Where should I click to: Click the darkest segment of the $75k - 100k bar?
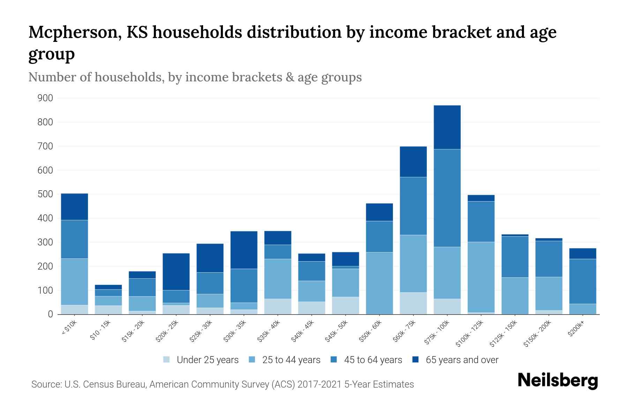[x=447, y=127]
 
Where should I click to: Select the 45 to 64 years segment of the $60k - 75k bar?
[x=413, y=206]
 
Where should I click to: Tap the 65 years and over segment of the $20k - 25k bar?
[x=176, y=272]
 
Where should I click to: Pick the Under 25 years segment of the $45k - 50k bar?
[x=345, y=306]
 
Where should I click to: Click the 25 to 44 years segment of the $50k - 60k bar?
[x=379, y=283]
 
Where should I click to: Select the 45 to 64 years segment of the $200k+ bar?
[x=582, y=281]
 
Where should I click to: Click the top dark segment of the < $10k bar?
[x=74, y=207]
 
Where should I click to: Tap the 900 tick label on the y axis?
[x=45, y=98]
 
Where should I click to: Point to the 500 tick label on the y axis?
[x=45, y=194]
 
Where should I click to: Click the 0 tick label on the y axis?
[x=50, y=314]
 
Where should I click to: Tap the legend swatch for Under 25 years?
[x=167, y=360]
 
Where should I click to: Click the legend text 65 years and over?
[x=462, y=360]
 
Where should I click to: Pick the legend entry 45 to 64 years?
[x=373, y=360]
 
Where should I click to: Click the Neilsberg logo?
[x=558, y=381]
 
